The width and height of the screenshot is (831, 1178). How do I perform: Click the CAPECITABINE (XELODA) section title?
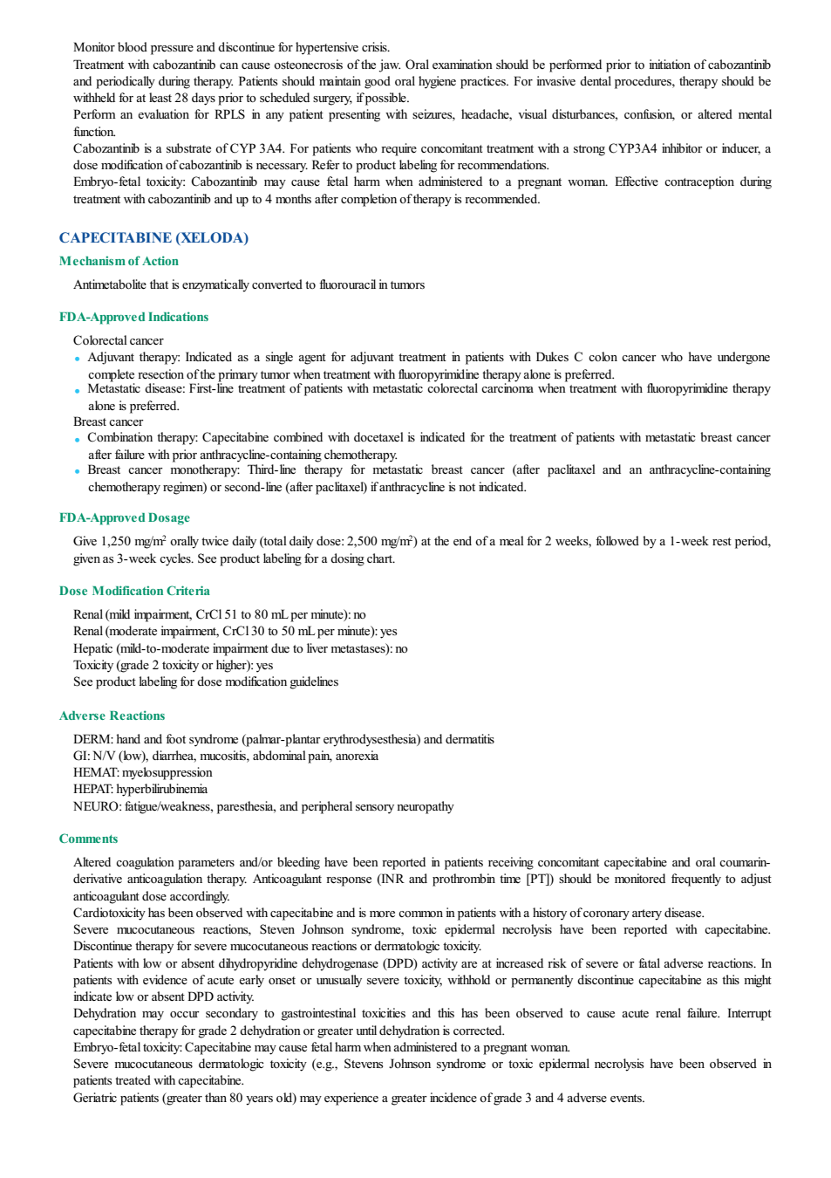(153, 238)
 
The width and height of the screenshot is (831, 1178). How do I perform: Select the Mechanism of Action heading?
(119, 262)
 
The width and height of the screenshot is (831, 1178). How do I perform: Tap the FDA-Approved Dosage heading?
(125, 518)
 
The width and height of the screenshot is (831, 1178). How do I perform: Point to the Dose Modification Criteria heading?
(134, 591)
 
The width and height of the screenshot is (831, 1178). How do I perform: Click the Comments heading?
(88, 839)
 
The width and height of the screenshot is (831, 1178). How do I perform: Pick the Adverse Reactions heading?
(112, 716)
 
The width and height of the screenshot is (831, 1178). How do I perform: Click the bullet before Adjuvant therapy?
(78, 360)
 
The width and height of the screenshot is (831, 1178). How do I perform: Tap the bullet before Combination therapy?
(78, 440)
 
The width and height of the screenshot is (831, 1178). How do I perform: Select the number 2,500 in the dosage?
(363, 542)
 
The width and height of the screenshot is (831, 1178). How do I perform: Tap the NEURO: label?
(98, 807)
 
